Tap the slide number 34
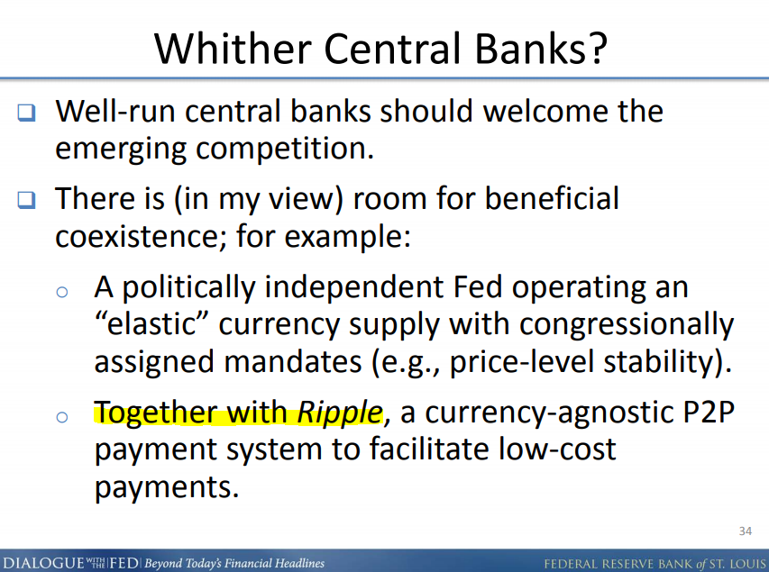point(745,529)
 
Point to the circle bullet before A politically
point(61,291)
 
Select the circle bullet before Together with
point(61,417)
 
